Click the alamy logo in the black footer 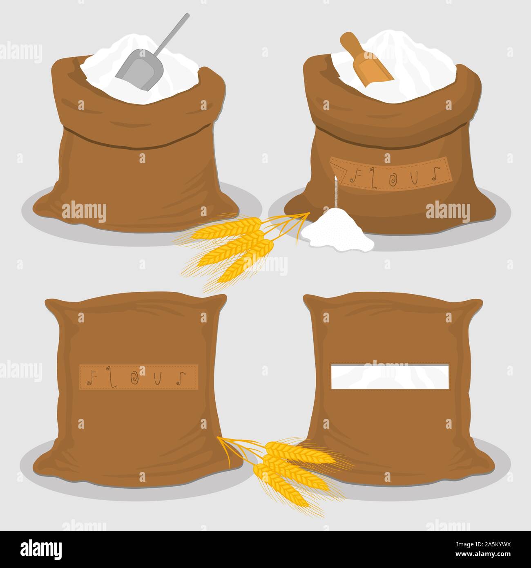pos(42,549)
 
